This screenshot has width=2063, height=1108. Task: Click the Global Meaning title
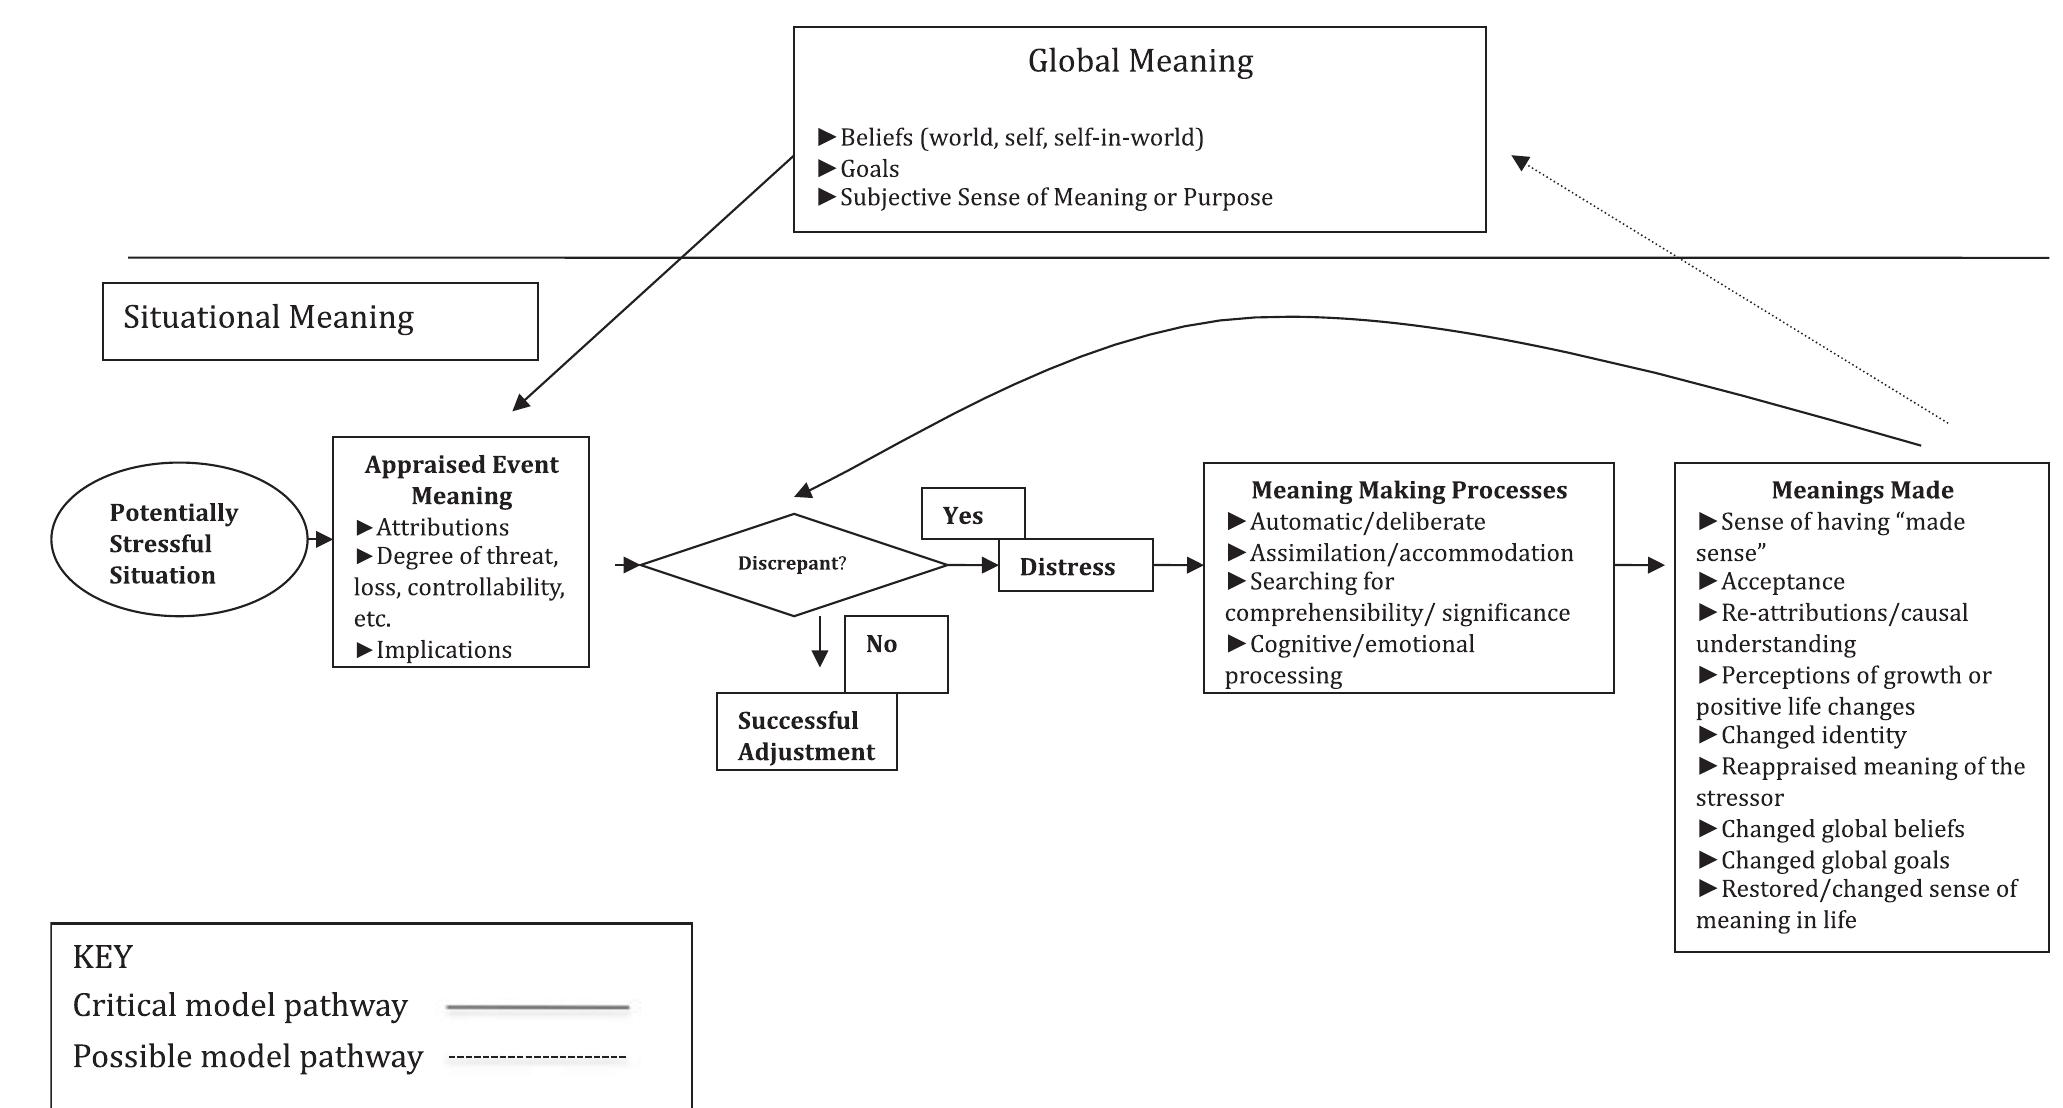[x=1140, y=62]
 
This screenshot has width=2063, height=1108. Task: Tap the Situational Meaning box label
[x=268, y=318]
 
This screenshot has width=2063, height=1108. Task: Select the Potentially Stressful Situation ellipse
[x=179, y=540]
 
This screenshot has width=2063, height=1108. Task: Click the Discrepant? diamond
[x=793, y=565]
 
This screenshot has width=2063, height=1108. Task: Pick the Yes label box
[x=973, y=514]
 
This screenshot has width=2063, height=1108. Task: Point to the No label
[x=881, y=644]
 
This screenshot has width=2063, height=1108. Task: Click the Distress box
[x=1076, y=565]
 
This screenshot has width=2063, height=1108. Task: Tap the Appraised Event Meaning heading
[x=461, y=480]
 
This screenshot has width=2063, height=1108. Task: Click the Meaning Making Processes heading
[x=1409, y=490]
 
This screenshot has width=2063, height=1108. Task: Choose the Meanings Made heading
[x=1862, y=490]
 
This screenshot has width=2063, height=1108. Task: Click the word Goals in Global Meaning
[x=869, y=169]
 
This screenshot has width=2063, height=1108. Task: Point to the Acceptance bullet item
[x=1771, y=582]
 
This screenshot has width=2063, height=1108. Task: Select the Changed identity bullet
[x=1802, y=736]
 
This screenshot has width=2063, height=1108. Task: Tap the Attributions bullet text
[x=432, y=528]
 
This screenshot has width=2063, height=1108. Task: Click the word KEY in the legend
[x=103, y=957]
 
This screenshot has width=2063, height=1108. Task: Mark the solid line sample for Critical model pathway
[x=538, y=1007]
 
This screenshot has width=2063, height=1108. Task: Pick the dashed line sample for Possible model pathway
[x=538, y=1057]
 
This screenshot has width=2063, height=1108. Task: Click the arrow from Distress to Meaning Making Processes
[x=1178, y=565]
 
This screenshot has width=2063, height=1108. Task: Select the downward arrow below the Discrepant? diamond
[x=820, y=641]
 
